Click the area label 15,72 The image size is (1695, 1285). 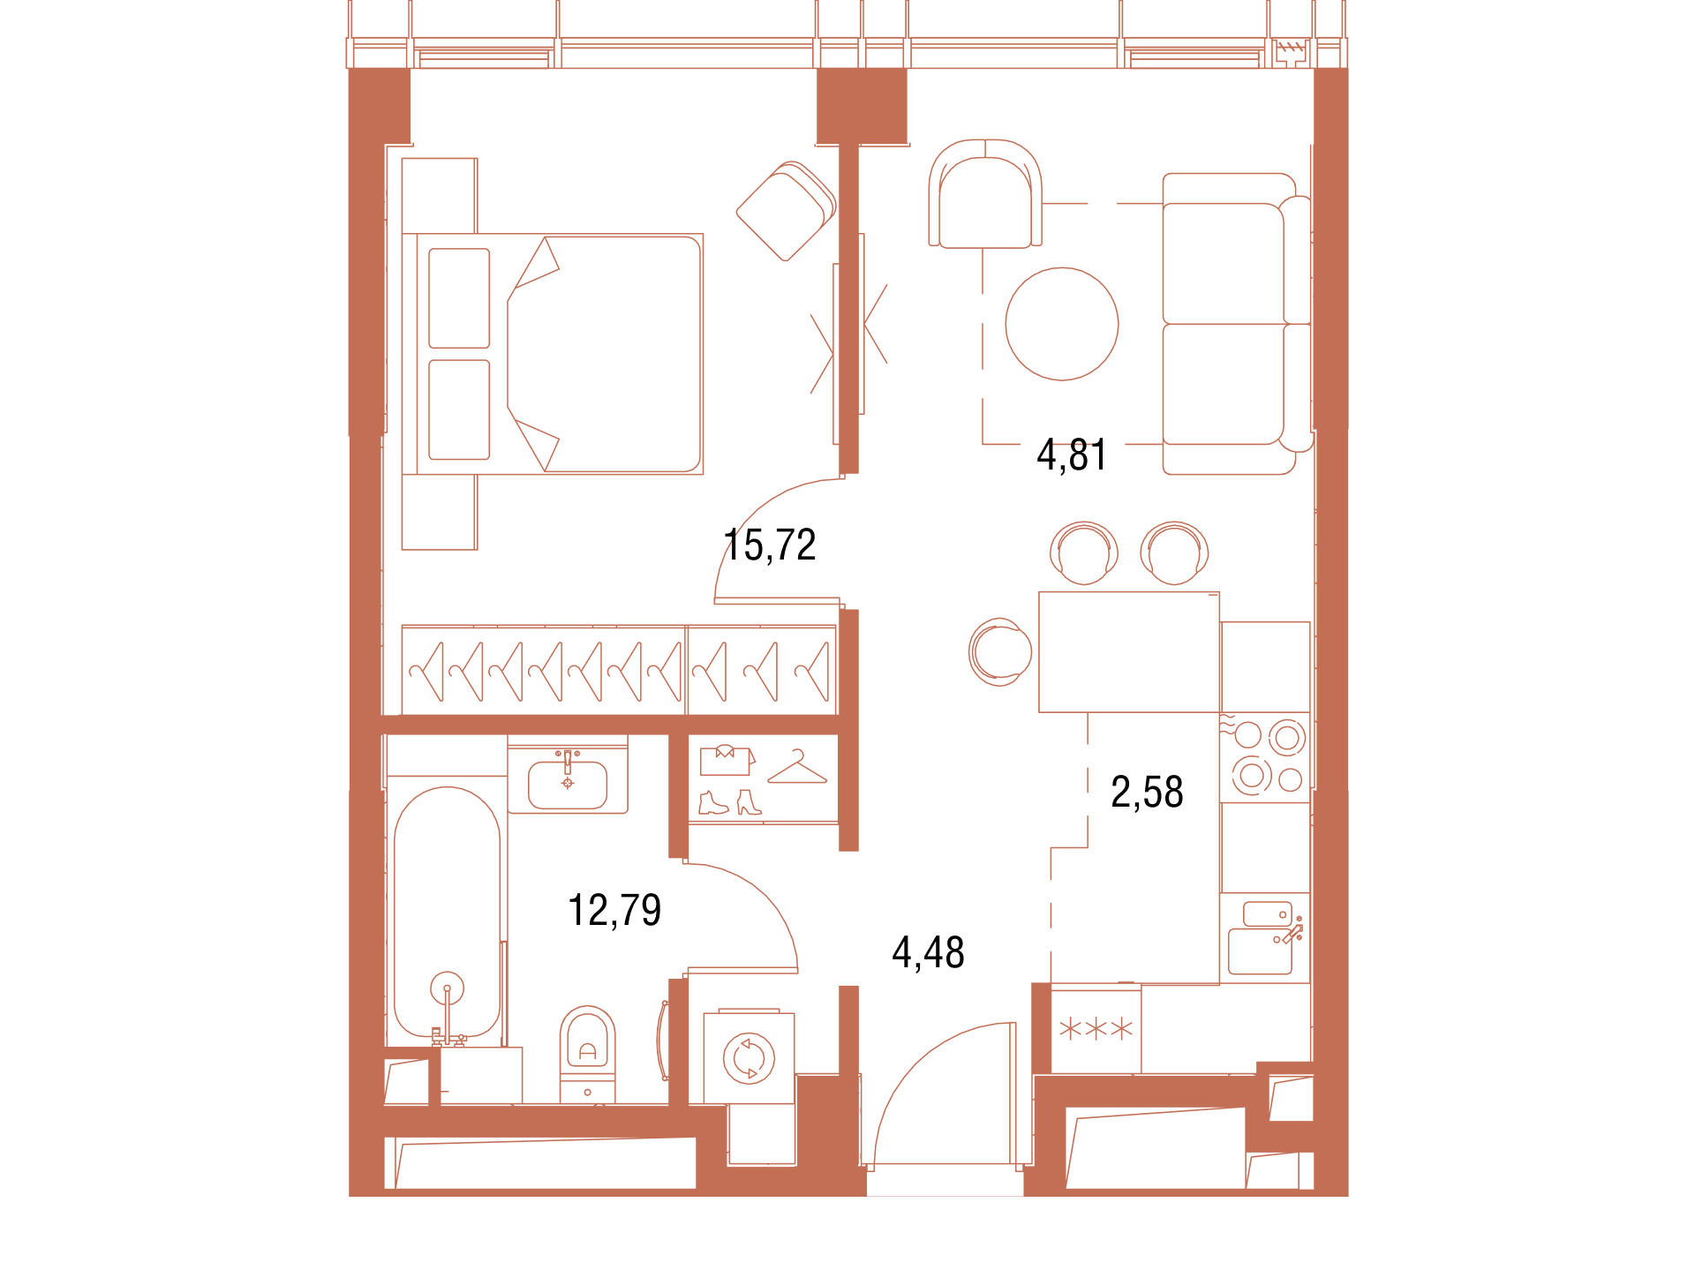click(770, 545)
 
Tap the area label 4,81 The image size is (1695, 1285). click(1072, 455)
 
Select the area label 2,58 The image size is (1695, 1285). click(1147, 793)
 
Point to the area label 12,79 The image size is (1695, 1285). click(614, 910)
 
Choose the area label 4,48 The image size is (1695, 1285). click(928, 953)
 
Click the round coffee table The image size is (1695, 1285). click(1062, 324)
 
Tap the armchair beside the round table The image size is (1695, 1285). click(985, 194)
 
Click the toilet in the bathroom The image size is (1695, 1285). click(587, 1054)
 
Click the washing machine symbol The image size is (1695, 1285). click(749, 1057)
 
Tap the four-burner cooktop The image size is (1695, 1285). click(1265, 757)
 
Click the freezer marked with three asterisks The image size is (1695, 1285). click(1096, 1029)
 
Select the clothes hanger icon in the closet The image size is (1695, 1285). click(797, 767)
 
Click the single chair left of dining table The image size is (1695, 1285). click(1000, 652)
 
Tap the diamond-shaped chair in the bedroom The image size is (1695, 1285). click(787, 211)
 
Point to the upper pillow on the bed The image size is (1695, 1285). click(459, 298)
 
